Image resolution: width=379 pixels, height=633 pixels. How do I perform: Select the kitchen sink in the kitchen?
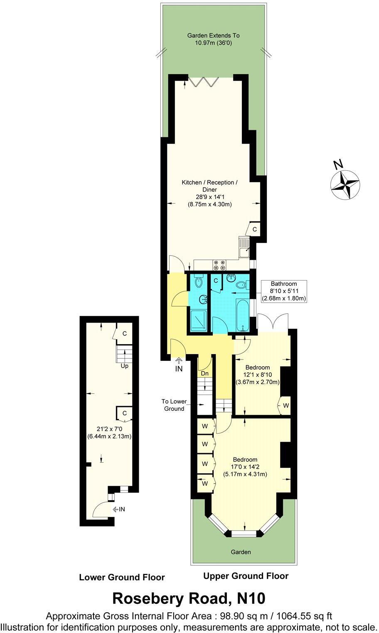(x=244, y=248)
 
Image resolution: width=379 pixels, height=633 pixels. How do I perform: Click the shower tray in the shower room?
(x=198, y=320)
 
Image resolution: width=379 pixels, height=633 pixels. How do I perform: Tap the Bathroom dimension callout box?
(x=283, y=291)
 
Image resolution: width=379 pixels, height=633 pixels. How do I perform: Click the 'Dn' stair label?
(x=204, y=374)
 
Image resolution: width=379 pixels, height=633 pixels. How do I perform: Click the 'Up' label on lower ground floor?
(x=124, y=366)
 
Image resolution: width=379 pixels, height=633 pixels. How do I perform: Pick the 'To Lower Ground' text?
(x=174, y=405)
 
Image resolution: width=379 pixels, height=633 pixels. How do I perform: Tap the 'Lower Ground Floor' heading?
(x=122, y=577)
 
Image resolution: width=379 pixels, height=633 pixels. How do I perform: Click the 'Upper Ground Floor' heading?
(x=246, y=576)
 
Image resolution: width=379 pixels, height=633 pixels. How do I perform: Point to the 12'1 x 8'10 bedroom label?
(x=257, y=375)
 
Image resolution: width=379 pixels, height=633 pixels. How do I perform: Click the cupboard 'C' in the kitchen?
(x=254, y=229)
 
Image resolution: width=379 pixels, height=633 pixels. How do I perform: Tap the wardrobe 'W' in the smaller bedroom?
(x=285, y=405)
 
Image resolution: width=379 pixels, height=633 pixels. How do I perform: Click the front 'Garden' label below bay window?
(x=241, y=552)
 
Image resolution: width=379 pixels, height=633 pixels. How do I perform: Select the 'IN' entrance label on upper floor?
(x=179, y=369)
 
